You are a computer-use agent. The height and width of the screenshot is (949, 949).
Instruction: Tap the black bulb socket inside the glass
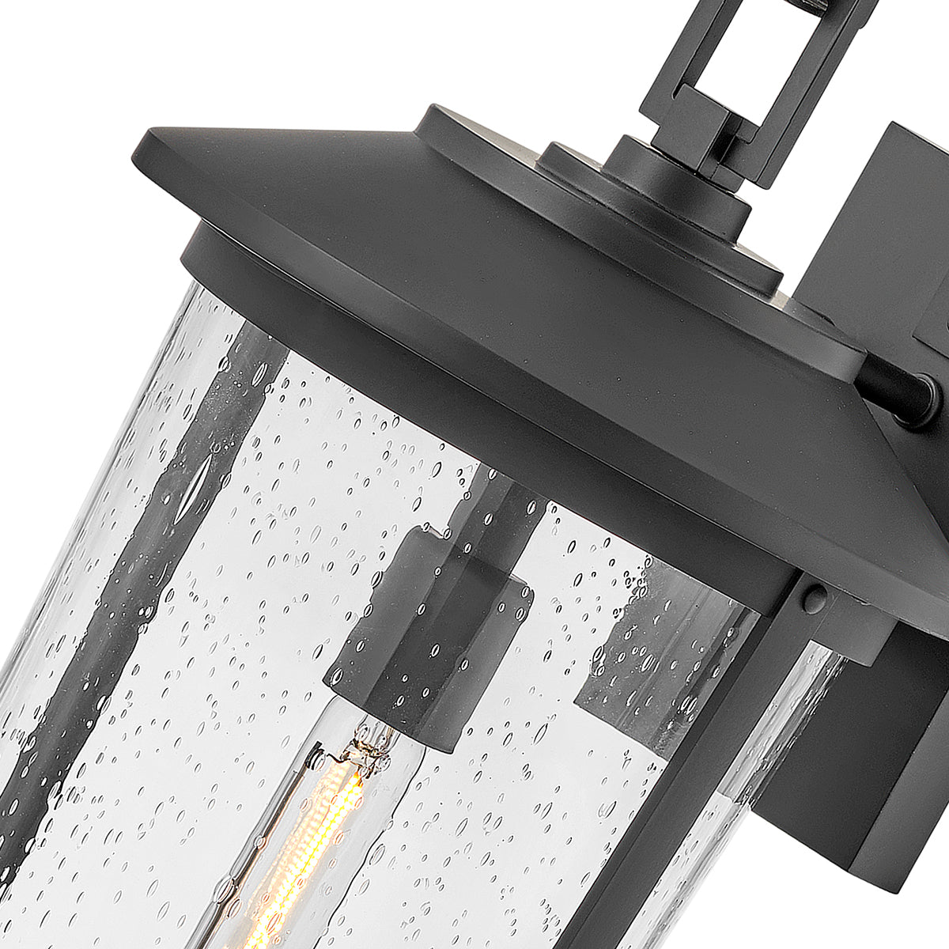point(431,633)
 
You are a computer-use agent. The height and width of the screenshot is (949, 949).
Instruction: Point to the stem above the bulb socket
point(498,506)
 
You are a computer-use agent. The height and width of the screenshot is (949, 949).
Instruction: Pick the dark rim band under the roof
point(475,411)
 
